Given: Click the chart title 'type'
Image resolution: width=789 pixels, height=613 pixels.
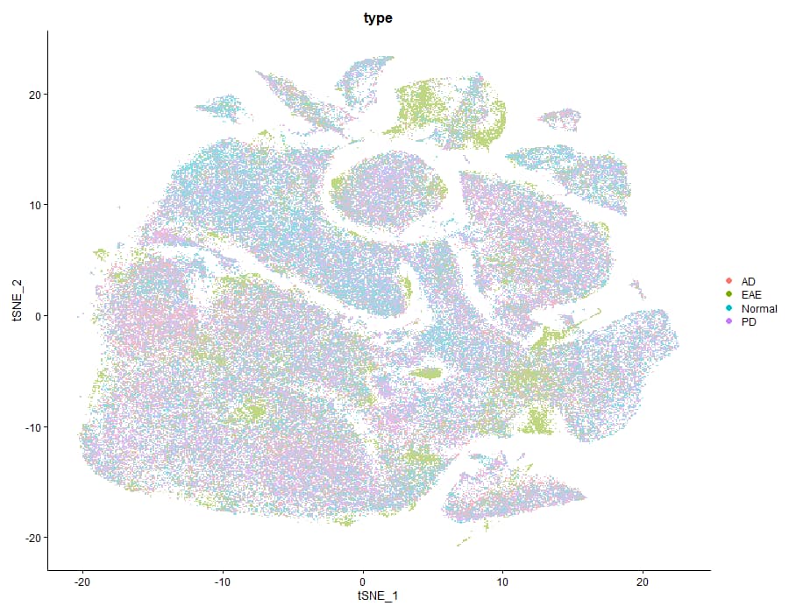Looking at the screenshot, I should click(379, 17).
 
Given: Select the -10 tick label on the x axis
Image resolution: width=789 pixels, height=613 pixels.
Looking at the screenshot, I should click(222, 581).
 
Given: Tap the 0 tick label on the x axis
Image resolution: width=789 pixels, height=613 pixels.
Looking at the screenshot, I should click(362, 581).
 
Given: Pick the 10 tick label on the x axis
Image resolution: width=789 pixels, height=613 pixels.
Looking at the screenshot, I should click(502, 581).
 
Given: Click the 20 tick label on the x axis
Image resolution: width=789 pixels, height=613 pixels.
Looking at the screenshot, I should click(642, 581).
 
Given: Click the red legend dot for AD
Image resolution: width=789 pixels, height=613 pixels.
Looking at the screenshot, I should click(729, 281).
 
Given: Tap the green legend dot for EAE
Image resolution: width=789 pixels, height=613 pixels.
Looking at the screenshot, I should click(729, 295).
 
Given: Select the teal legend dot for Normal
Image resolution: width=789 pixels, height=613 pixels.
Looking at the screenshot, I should click(729, 308).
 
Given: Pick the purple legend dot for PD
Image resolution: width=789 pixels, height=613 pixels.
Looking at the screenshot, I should click(729, 322).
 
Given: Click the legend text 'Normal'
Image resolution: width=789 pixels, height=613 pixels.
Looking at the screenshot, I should click(758, 308).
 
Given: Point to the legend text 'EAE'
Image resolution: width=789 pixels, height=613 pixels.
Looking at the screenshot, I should click(751, 295).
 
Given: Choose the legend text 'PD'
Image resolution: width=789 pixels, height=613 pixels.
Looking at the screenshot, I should click(749, 322).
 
